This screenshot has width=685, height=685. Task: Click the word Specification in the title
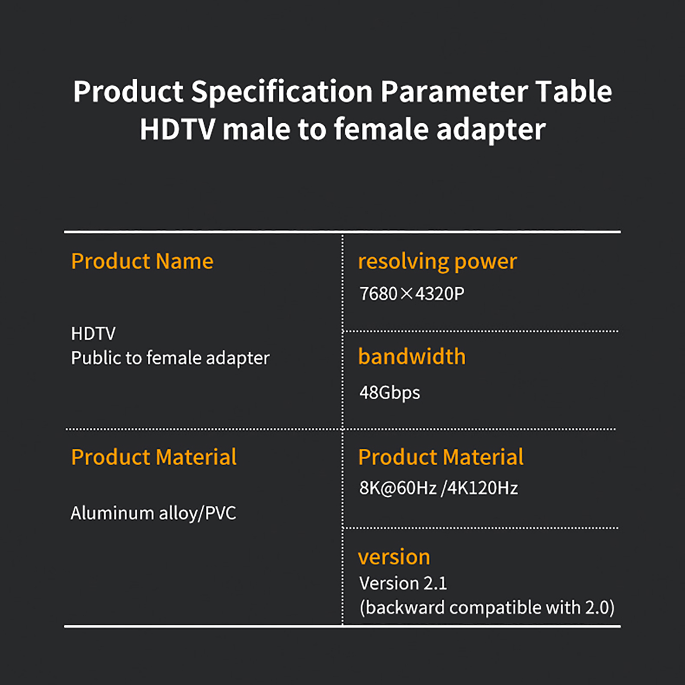coord(282,92)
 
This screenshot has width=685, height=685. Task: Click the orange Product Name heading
coord(142,261)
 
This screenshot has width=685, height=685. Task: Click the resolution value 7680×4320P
coord(412,294)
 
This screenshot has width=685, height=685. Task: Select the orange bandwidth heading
coord(412,357)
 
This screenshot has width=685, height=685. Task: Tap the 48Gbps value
coord(390,393)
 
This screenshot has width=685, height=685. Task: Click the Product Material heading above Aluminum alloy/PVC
coord(154,457)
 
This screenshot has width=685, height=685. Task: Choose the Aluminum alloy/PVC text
coord(153,513)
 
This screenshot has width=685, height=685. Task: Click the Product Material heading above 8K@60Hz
coord(441,457)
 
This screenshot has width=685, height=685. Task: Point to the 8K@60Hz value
coord(398,488)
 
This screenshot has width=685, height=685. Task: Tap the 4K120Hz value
coord(482,488)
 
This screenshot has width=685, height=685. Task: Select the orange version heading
coord(394,557)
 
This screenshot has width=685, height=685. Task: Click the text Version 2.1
coord(403,583)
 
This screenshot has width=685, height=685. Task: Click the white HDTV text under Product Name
coord(93,334)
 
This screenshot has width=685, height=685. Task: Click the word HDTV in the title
coord(177,130)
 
